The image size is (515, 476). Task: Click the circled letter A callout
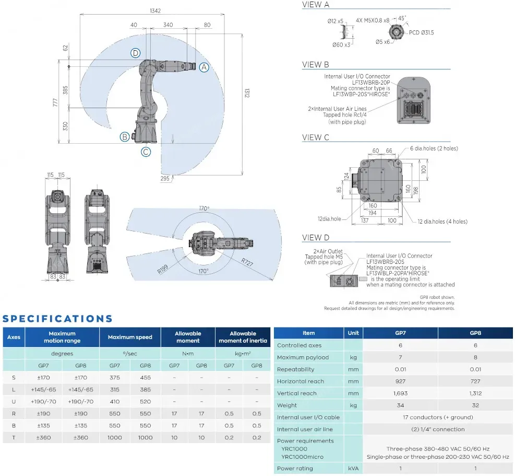tap(204, 67)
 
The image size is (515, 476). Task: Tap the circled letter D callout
tap(136, 53)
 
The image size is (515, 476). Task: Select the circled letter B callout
tap(124, 137)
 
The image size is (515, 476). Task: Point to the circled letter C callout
tap(146, 152)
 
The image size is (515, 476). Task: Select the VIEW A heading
tap(316, 5)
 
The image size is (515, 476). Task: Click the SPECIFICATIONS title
tap(57, 318)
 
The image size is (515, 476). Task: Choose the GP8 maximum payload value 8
tap(475, 357)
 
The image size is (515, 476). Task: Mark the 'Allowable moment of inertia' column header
tap(243, 337)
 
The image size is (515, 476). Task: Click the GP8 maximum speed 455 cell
tap(146, 377)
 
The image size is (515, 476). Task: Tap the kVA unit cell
tap(353, 468)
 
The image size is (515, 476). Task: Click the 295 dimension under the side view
tap(165, 179)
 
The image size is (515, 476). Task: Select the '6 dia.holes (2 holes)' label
tap(434, 148)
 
